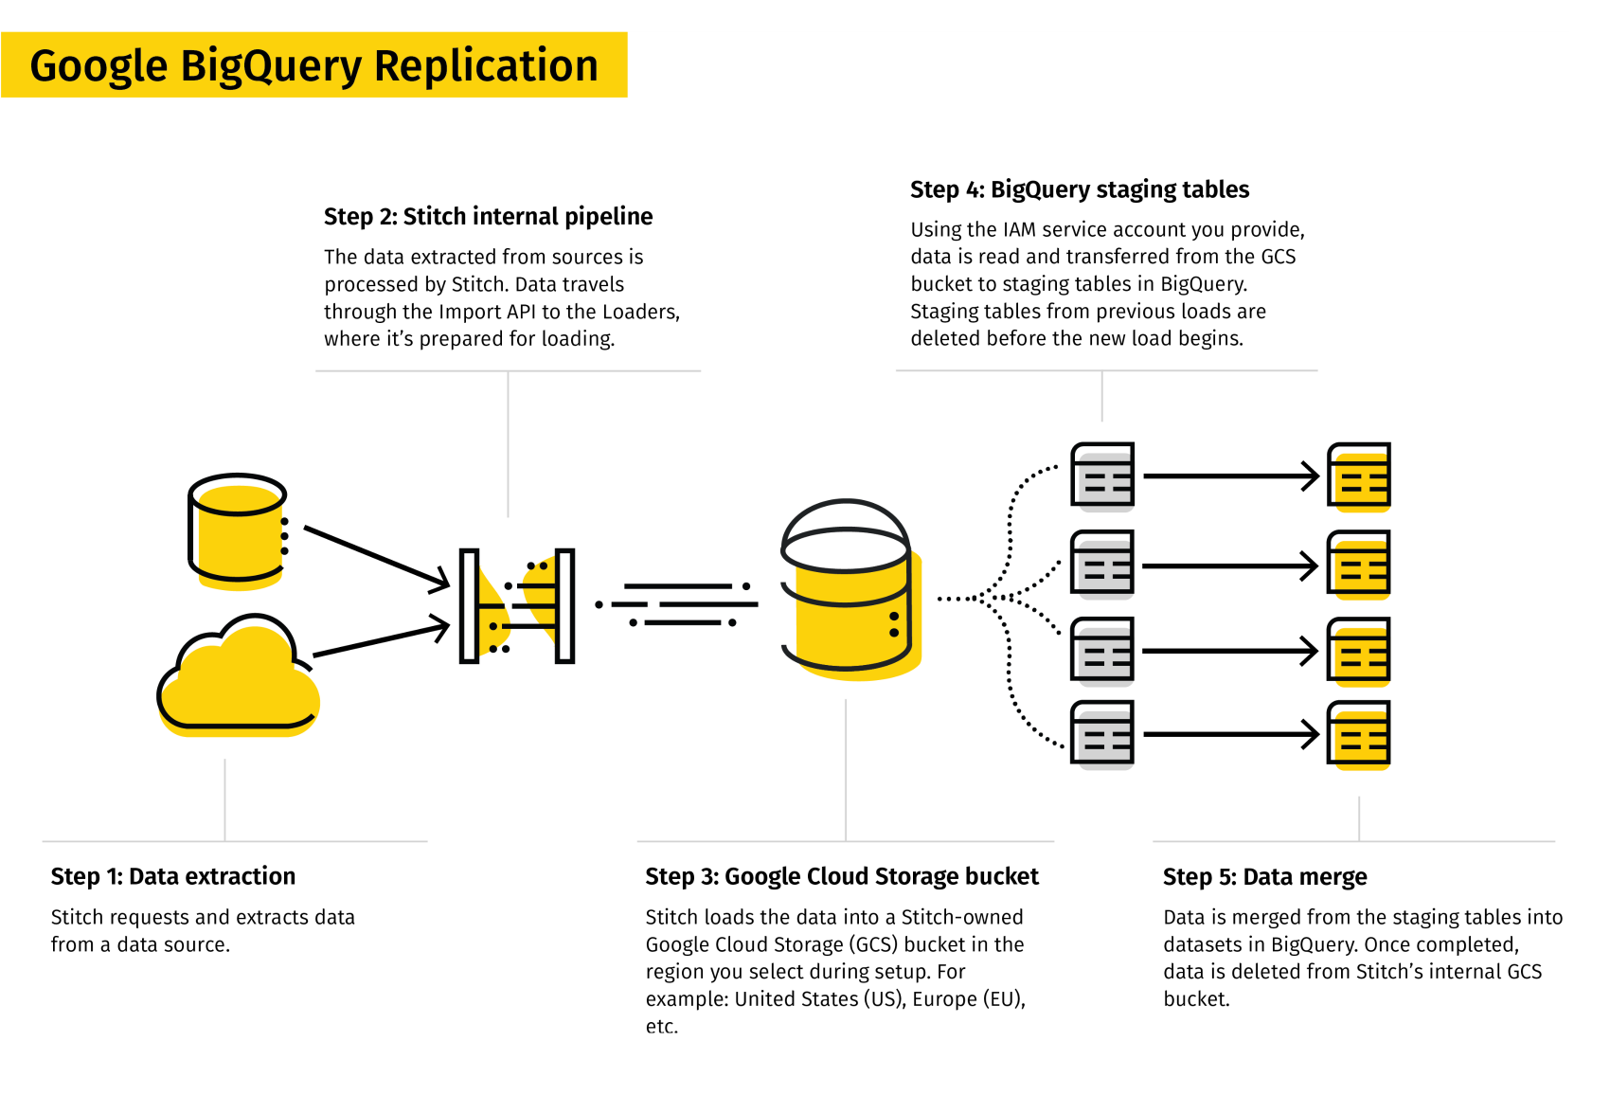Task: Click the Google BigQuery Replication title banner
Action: point(313,65)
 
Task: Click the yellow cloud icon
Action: point(238,680)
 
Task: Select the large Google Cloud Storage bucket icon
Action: point(848,591)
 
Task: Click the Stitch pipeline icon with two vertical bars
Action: point(517,606)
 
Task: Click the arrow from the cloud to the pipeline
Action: point(379,639)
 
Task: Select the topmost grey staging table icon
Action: point(1102,476)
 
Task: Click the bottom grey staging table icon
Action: point(1102,734)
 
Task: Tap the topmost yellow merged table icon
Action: point(1359,476)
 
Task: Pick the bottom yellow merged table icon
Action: point(1359,734)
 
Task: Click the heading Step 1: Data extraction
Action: point(173,876)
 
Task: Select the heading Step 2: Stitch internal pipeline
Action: point(488,217)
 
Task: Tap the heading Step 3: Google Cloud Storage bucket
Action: point(841,876)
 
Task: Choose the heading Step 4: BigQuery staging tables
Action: point(1079,189)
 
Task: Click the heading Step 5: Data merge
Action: point(1264,877)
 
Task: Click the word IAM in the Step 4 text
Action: point(1019,230)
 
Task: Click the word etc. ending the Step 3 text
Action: point(661,1027)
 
